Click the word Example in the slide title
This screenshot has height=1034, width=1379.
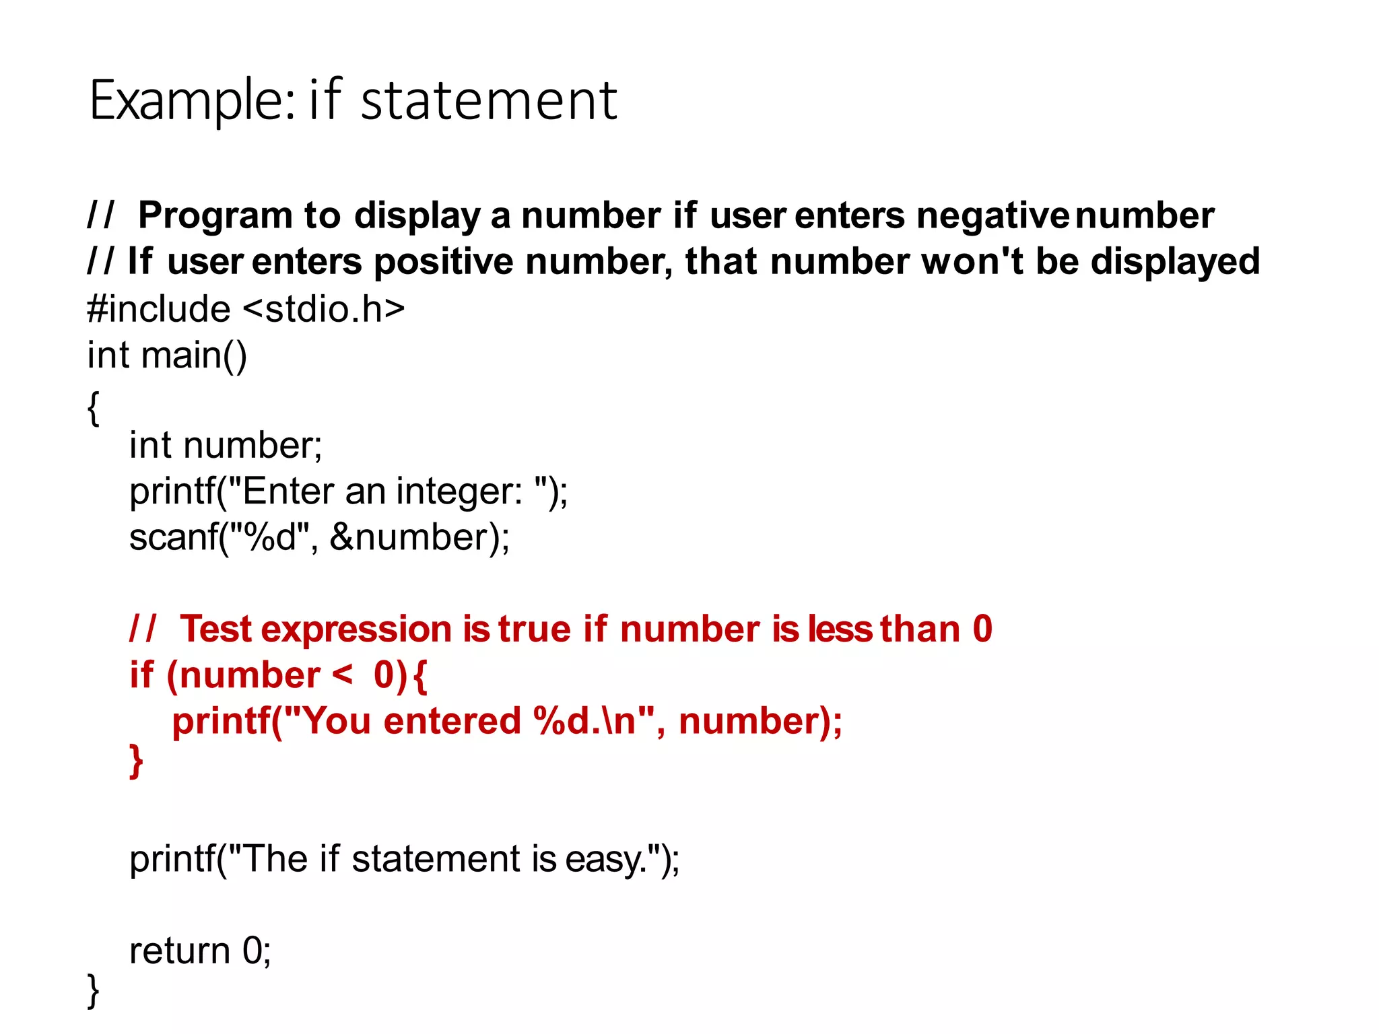[x=191, y=101]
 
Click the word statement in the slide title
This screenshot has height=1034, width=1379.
[x=489, y=101]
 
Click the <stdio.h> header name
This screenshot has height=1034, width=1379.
[x=323, y=309]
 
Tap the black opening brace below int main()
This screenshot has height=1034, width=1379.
[x=94, y=407]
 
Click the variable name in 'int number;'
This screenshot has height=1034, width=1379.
[x=252, y=445]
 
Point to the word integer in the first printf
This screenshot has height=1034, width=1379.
[x=459, y=491]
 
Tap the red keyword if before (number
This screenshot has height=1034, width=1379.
[x=141, y=675]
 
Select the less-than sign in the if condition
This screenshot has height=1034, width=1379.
[x=342, y=675]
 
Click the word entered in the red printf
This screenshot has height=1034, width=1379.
[x=452, y=721]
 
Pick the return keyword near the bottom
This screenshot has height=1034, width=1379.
[x=179, y=951]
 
